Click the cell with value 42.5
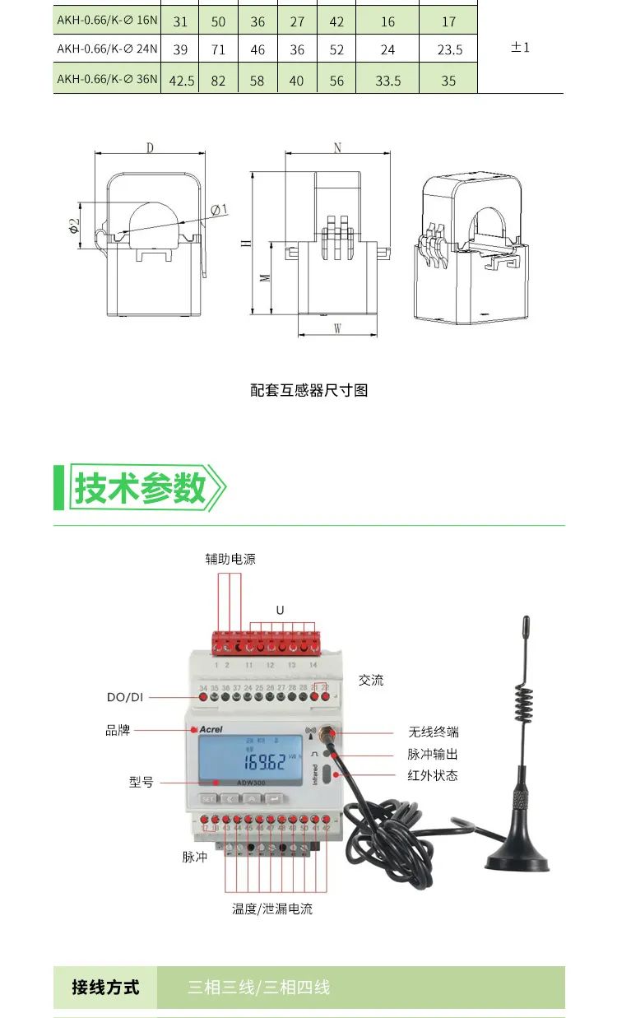point(180,81)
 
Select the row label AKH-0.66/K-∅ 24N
point(106,49)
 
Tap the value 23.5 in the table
point(449,49)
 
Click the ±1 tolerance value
point(520,48)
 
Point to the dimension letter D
point(150,148)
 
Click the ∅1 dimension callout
point(219,210)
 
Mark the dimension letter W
point(337,328)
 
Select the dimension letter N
point(337,148)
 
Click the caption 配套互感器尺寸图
point(308,390)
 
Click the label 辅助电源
point(230,559)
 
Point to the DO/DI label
point(125,697)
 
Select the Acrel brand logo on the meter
point(211,728)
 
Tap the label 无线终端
point(433,732)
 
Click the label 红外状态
point(433,775)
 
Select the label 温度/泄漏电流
point(272,909)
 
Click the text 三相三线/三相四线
point(258,987)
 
